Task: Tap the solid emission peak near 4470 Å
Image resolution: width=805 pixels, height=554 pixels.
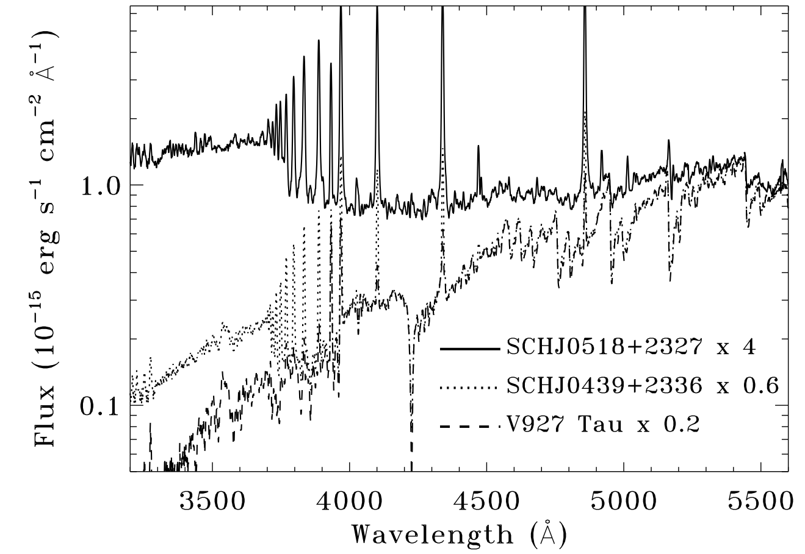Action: (478, 147)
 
